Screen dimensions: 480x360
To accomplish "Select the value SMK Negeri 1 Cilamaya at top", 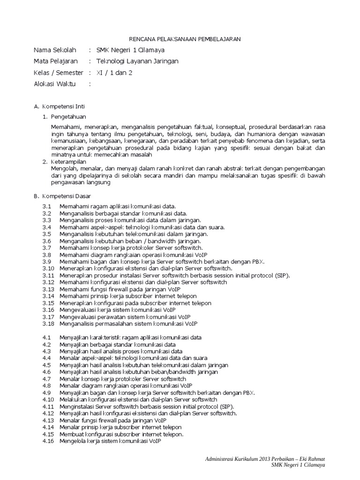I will point(130,50).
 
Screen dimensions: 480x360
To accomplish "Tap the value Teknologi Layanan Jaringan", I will point(137,61).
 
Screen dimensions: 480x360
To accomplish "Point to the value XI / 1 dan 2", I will point(114,73).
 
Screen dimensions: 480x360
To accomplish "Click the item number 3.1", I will point(46,206).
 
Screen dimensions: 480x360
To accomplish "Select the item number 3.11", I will point(48,275).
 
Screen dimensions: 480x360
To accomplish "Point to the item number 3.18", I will point(48,323).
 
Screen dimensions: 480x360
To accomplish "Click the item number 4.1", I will point(46,337).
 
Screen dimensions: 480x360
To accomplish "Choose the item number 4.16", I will point(48,441).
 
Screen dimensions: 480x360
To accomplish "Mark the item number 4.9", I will point(46,392).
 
